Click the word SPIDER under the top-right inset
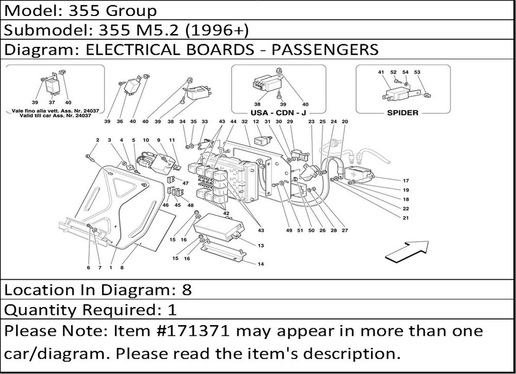pyautogui.click(x=402, y=112)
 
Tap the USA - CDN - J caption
pyautogui.click(x=279, y=112)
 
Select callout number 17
pyautogui.click(x=406, y=181)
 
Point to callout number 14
pyautogui.click(x=261, y=264)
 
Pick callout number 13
pyautogui.click(x=261, y=246)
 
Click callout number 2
pyautogui.click(x=97, y=140)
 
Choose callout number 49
pyautogui.click(x=288, y=230)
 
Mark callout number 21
pyautogui.click(x=406, y=218)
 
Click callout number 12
pyautogui.click(x=255, y=122)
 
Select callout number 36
pyautogui.click(x=120, y=122)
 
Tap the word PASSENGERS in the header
pyautogui.click(x=325, y=49)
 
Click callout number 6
pyautogui.click(x=88, y=267)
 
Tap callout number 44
pyautogui.click(x=233, y=122)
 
